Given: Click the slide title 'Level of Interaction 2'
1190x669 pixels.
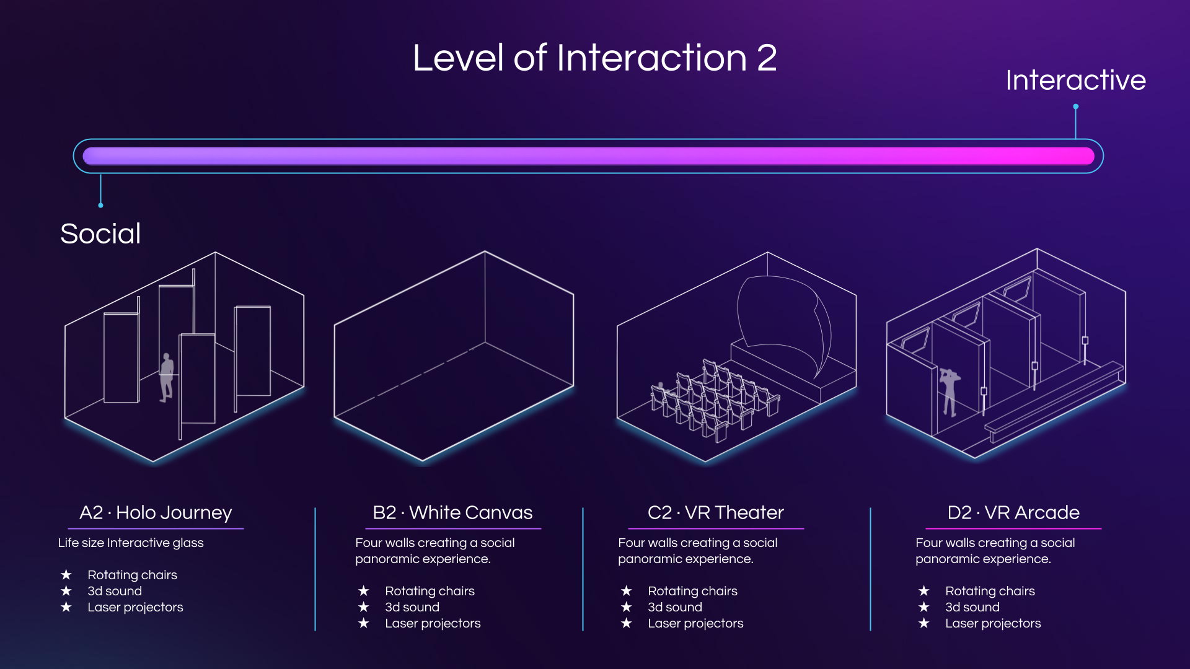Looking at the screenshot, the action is (595, 58).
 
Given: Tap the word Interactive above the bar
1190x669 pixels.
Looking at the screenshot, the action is (1075, 80).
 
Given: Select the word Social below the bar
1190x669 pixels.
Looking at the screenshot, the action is (100, 234).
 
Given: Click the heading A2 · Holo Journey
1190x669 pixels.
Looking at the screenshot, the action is (156, 512).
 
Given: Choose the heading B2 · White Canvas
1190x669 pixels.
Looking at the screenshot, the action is (452, 512).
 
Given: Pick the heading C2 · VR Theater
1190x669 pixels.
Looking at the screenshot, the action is (716, 512).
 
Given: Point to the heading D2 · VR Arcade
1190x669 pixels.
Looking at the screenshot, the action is (1013, 512).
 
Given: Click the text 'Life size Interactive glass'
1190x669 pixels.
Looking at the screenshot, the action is (131, 543).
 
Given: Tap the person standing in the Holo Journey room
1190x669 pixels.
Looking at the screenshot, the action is (166, 378).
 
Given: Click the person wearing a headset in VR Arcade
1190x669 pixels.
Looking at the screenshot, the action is (949, 392).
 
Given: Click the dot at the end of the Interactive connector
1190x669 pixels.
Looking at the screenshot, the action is (1076, 107).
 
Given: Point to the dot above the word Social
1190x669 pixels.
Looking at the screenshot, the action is (100, 205).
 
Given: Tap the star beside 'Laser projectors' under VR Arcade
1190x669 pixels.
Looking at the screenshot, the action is (923, 623).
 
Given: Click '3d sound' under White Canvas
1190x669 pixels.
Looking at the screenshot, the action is (412, 607).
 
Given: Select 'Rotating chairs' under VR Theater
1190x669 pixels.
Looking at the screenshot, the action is (692, 591).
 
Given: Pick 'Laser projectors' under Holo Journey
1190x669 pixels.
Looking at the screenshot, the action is (135, 607).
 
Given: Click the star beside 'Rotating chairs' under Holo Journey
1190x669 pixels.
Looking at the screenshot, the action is (66, 575).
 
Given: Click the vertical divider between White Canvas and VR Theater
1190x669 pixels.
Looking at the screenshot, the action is (583, 569).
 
